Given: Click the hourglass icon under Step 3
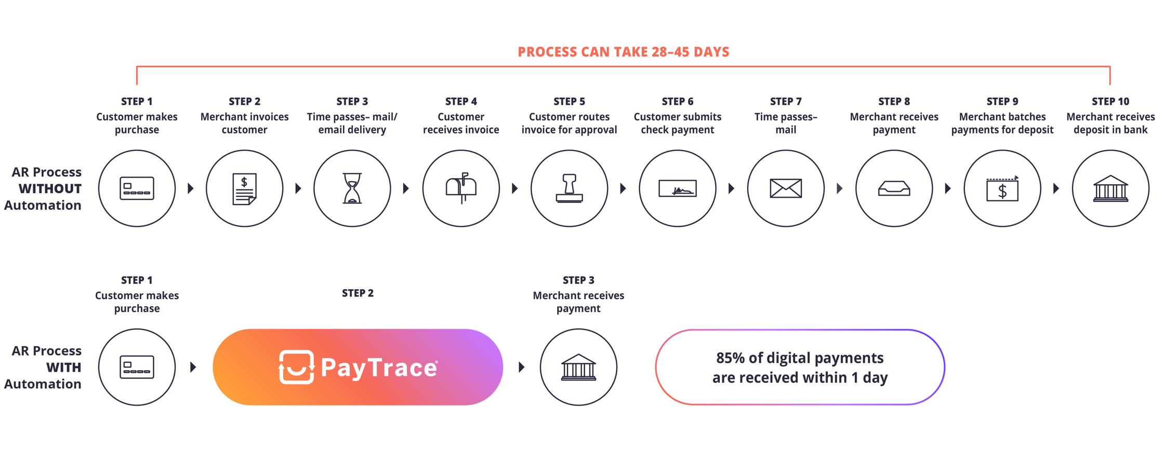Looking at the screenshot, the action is click(x=352, y=188).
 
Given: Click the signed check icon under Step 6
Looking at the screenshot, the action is click(x=677, y=188).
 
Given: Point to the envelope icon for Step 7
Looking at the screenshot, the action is click(x=786, y=188).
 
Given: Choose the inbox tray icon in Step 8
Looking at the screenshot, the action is click(x=894, y=188).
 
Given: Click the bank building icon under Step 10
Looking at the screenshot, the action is click(x=1111, y=188).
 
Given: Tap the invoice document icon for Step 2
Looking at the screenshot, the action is click(x=244, y=188).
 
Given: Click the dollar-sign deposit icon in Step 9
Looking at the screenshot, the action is click(x=1002, y=188).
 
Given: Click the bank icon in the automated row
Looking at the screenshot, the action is click(x=578, y=368).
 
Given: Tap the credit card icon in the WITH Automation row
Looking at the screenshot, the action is click(x=137, y=367).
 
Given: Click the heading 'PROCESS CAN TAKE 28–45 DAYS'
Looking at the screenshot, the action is click(x=624, y=52).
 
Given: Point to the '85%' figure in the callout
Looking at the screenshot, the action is click(x=731, y=358).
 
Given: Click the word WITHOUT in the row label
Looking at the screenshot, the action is click(x=50, y=188).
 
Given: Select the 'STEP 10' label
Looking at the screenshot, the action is click(x=1111, y=101).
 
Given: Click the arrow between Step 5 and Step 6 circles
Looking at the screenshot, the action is click(x=623, y=188).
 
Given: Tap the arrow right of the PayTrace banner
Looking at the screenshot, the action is click(x=522, y=368).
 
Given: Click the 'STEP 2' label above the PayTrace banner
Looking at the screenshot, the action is click(x=358, y=293).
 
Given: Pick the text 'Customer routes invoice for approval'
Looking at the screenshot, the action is click(x=569, y=124).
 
